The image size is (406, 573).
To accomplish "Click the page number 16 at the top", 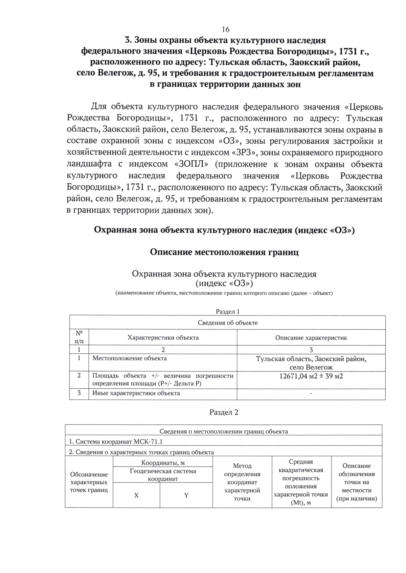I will click(226, 29).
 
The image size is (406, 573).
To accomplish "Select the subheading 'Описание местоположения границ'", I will click(224, 252).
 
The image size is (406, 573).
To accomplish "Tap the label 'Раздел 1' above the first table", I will click(227, 311).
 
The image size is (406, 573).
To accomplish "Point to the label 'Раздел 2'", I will click(224, 412).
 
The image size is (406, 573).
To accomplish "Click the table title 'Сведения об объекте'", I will click(227, 323).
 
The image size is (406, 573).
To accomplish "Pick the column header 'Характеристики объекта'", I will click(163, 337).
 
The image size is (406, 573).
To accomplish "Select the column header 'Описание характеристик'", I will click(311, 337).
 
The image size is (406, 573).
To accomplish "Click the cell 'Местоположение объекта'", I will click(130, 358).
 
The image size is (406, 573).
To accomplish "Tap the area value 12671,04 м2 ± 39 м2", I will click(311, 376).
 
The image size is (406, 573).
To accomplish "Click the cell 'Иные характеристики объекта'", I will click(136, 393).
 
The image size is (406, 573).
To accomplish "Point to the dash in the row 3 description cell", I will click(311, 393).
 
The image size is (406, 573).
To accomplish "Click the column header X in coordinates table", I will click(136, 495).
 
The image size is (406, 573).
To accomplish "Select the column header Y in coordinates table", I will click(186, 495).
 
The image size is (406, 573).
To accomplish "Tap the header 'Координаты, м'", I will click(163, 463).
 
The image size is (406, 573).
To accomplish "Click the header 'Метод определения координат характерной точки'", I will click(242, 482).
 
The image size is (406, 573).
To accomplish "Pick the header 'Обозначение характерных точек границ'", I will click(89, 482).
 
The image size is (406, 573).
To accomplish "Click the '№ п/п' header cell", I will click(79, 337).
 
